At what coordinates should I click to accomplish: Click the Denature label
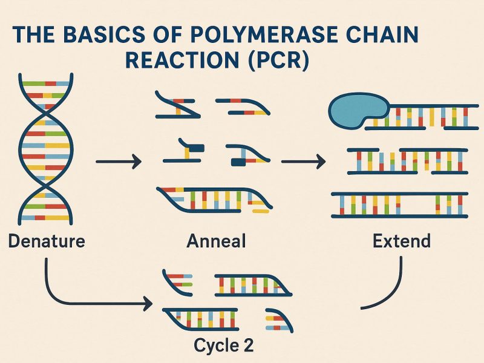pos(47,241)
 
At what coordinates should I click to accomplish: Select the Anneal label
pos(216,241)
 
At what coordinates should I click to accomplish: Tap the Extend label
pos(402,241)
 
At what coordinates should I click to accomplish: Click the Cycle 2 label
pos(223,345)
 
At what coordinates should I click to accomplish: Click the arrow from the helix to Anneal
pos(119,162)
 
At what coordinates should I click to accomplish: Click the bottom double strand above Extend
pos(399,204)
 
